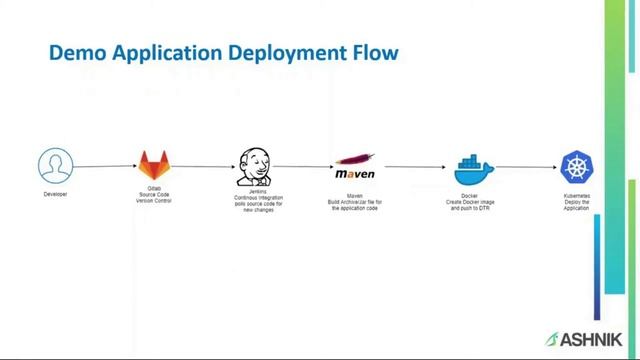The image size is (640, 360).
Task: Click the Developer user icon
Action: pos(56,165)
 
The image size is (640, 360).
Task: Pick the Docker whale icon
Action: pos(469,167)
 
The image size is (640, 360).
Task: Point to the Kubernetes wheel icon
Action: pos(577,167)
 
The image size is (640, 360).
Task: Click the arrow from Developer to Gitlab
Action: pos(105,167)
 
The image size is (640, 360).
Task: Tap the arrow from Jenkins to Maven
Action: pos(303,167)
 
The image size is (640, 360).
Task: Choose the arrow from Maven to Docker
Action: pos(414,167)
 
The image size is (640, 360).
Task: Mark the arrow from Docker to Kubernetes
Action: pos(524,167)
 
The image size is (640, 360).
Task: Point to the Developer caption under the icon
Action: pos(56,194)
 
